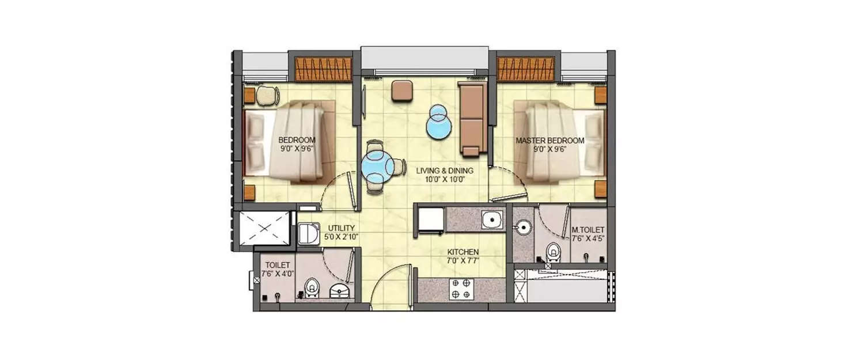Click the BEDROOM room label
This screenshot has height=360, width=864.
click(297, 140)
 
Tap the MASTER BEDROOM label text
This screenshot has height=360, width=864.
click(550, 141)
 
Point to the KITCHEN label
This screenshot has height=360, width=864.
click(464, 252)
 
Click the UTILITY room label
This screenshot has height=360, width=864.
click(341, 228)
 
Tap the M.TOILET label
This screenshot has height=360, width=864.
click(588, 230)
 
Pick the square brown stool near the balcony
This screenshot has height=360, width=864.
click(402, 90)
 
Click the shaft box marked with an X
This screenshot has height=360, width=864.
click(263, 229)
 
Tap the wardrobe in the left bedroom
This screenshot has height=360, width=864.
click(323, 69)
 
